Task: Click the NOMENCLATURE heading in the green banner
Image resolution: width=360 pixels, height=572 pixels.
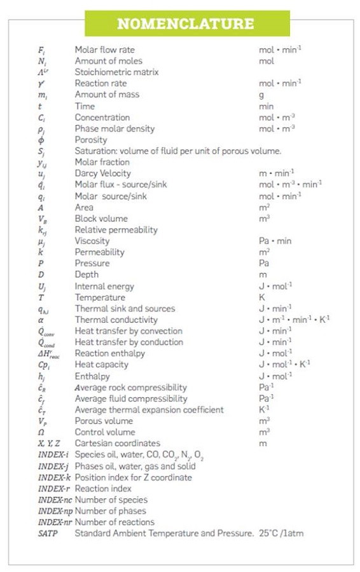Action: click(x=184, y=24)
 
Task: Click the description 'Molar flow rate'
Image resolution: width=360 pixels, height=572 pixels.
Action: click(x=105, y=50)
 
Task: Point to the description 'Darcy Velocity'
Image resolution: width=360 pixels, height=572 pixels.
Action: click(x=103, y=174)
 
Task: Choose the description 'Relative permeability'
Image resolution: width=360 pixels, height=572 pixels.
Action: click(x=116, y=229)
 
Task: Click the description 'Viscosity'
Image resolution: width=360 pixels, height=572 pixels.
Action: click(x=92, y=241)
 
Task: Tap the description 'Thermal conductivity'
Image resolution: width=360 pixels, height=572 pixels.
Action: click(x=116, y=320)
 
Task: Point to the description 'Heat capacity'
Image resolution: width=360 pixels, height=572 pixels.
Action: click(x=102, y=365)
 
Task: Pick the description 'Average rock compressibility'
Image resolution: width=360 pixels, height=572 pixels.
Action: click(x=131, y=387)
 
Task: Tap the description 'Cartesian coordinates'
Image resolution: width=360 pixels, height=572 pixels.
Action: click(x=118, y=444)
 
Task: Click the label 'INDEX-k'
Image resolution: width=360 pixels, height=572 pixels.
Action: click(x=54, y=477)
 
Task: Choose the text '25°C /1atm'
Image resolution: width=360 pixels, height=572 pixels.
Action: click(x=281, y=533)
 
